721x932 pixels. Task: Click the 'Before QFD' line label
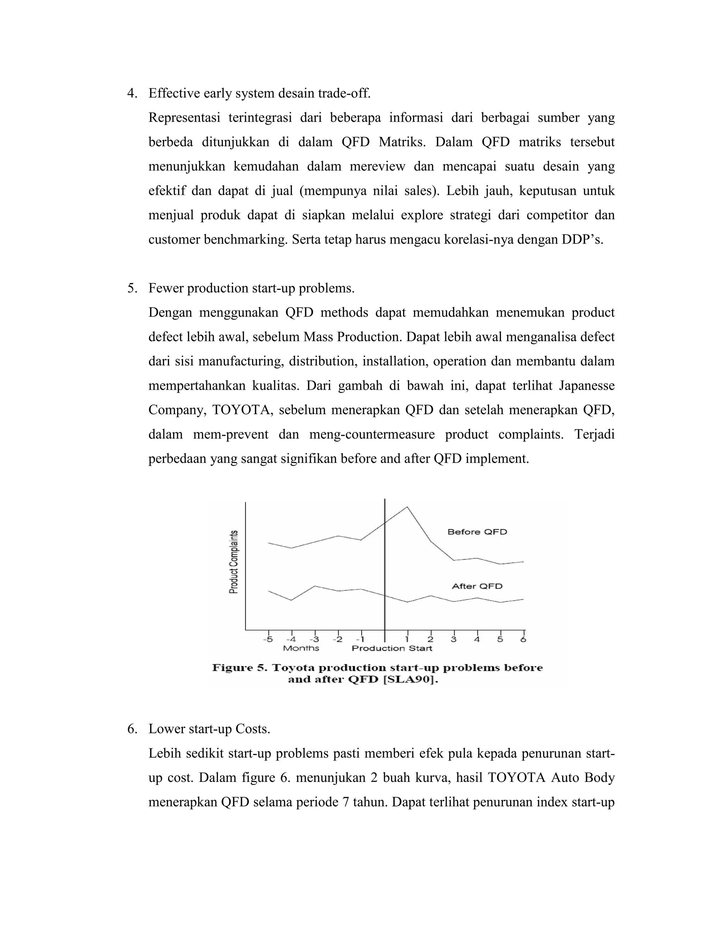477,532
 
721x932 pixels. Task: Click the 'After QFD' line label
477,586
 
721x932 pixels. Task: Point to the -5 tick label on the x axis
268,639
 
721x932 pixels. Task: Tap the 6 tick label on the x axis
523,639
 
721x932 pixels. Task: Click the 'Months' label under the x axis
301,648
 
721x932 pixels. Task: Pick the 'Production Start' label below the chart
392,648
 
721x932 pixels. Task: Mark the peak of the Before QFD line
407,507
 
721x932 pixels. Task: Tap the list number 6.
132,729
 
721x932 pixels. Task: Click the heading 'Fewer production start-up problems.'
252,288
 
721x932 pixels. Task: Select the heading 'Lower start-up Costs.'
209,729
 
